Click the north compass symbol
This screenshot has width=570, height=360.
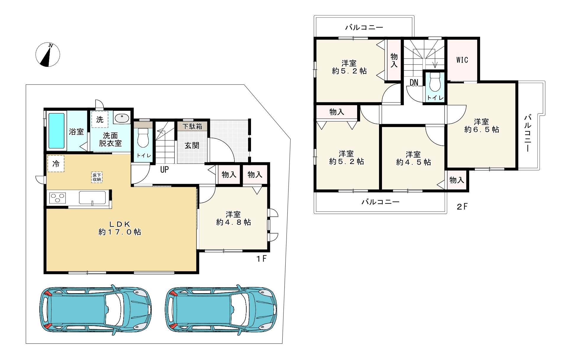pos(48,55)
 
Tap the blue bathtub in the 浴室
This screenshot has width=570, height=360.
pos(56,131)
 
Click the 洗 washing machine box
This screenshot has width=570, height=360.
pos(100,119)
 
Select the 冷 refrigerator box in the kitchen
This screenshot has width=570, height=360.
pos(56,164)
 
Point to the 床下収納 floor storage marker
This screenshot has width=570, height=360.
pos(97,177)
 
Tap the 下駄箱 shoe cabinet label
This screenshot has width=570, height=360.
pos(192,127)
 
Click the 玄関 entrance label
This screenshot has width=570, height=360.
pos(192,145)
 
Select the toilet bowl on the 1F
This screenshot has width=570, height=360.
pos(143,138)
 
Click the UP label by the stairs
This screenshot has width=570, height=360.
pos(164,169)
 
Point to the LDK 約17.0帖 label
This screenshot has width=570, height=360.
pos(120,228)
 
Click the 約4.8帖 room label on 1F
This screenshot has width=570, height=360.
pos(234,222)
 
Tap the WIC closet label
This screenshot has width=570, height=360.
pos(462,60)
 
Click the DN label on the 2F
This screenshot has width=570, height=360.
pos(414,82)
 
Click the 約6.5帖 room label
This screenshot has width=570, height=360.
pos(482,129)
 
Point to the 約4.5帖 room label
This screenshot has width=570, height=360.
pos(413,162)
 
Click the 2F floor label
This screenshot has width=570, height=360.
pos(462,207)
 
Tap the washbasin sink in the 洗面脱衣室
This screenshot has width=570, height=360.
pos(122,118)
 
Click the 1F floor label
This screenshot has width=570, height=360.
pos(261,259)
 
